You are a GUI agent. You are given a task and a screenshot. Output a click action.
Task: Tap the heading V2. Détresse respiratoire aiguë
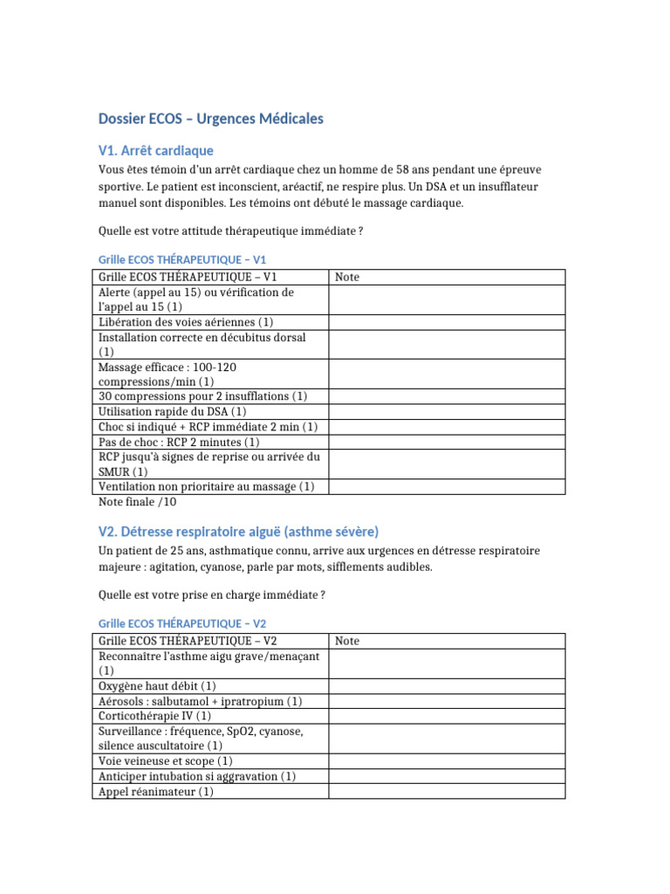[x=239, y=532]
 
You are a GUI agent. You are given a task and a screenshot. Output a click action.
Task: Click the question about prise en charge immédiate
[x=212, y=595]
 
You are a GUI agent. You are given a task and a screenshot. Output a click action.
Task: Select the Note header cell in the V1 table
[x=347, y=277]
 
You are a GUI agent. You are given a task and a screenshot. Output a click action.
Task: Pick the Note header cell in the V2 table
[x=347, y=641]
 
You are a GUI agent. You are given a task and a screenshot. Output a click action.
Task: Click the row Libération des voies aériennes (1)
[x=187, y=322]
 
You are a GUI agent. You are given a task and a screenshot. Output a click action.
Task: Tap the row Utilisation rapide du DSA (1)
[x=173, y=411]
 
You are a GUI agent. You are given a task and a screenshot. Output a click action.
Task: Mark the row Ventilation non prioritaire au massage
[x=207, y=486]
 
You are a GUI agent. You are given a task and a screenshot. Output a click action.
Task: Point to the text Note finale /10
[x=138, y=502]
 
